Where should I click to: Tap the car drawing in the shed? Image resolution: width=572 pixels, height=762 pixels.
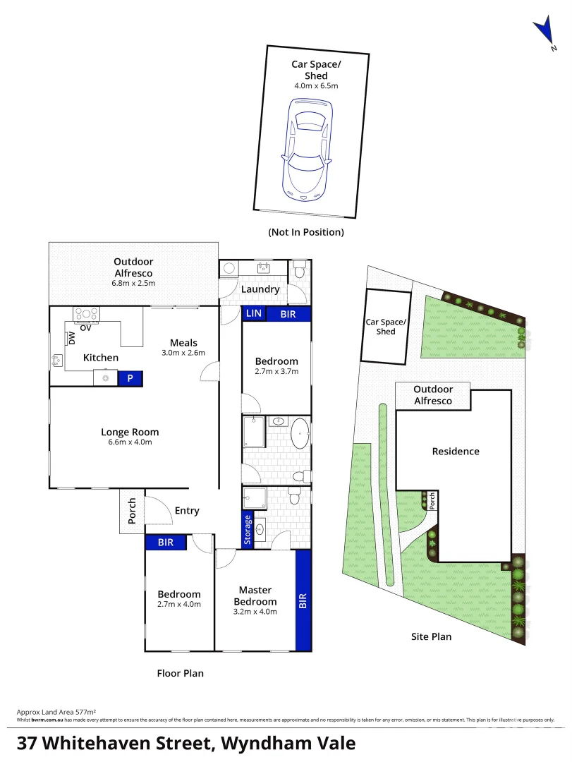tap(307, 148)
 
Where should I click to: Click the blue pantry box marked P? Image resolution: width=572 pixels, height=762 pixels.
tap(130, 379)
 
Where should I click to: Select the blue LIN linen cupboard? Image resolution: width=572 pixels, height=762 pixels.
tap(253, 314)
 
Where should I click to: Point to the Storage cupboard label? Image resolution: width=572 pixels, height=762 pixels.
tap(248, 530)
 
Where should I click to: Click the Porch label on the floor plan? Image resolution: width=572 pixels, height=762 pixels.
tap(132, 512)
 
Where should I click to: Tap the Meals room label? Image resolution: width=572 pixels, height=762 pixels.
tap(183, 343)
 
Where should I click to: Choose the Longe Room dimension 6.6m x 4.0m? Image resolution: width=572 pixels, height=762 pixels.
tap(130, 442)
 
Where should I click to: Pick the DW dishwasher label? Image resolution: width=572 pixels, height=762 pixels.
tap(72, 338)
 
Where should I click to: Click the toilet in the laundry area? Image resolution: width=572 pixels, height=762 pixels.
tap(299, 270)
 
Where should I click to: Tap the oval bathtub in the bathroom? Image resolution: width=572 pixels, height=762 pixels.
tap(300, 433)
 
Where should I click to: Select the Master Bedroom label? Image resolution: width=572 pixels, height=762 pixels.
tap(255, 595)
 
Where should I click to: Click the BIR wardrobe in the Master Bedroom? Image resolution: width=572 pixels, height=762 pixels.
tap(303, 600)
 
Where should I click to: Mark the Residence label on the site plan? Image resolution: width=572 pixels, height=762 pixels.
tap(456, 452)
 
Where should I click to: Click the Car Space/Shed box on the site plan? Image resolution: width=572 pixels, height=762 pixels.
tap(386, 327)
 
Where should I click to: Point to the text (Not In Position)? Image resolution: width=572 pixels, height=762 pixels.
tap(306, 232)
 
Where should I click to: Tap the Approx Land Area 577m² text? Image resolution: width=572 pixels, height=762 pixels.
tap(56, 713)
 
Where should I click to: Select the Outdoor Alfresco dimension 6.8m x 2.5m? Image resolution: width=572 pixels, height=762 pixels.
tap(133, 283)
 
